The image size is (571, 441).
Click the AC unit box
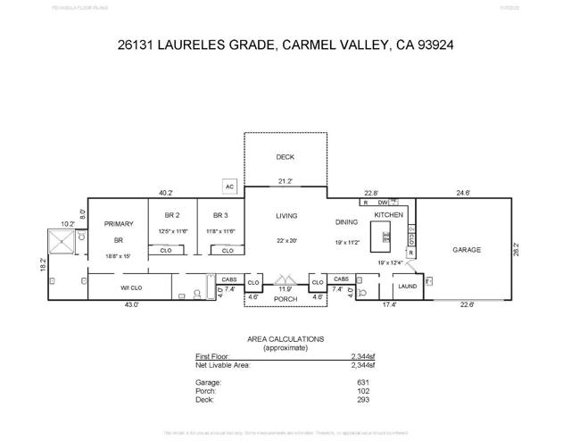point(229,187)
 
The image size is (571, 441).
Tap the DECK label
point(285,157)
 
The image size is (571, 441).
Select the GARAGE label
point(466,250)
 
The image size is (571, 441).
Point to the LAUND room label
point(408,287)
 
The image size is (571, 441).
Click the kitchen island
point(386,237)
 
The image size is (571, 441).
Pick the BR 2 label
point(173,215)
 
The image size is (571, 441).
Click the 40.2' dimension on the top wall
point(166,193)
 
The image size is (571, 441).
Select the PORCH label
point(285,299)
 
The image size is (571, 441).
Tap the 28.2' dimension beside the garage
point(517,250)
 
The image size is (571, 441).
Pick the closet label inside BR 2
point(166,251)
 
